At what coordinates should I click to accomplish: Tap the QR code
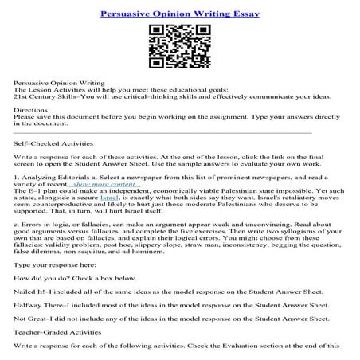pos(180,48)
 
